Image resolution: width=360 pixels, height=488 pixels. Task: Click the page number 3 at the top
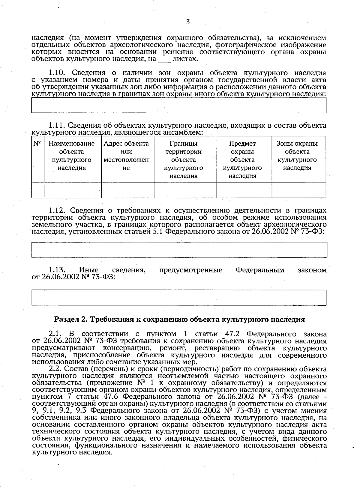(188, 22)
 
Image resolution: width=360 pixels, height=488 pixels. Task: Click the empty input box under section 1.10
(179, 105)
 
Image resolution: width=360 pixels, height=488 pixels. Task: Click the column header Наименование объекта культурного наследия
(72, 156)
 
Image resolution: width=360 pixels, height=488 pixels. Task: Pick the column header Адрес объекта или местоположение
(126, 156)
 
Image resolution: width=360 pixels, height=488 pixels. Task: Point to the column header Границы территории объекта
(184, 159)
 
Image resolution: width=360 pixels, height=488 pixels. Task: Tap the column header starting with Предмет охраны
(242, 159)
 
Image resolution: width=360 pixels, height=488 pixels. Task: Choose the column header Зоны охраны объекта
(297, 156)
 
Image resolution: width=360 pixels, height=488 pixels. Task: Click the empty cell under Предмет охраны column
(244, 190)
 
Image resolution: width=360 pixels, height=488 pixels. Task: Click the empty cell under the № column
(38, 190)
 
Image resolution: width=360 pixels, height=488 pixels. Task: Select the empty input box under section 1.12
(179, 250)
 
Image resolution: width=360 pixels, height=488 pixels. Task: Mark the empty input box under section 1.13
(179, 297)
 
